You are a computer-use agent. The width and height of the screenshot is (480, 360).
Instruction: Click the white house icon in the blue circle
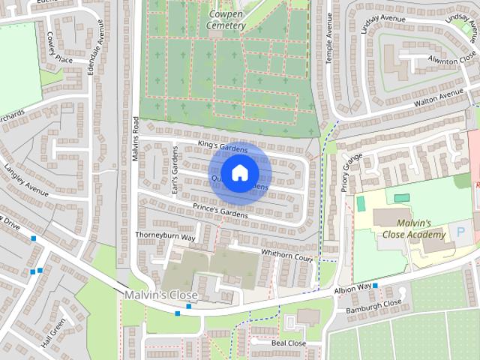point(238,172)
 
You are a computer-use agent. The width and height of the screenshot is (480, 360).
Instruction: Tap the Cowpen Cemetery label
point(226,19)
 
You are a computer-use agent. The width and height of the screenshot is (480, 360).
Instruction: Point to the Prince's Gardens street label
point(220,211)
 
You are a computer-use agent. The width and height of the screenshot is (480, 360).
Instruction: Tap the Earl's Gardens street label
point(173,170)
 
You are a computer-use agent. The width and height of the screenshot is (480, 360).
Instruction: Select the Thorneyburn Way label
point(165,236)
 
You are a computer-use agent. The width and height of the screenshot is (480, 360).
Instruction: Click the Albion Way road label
point(353,287)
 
